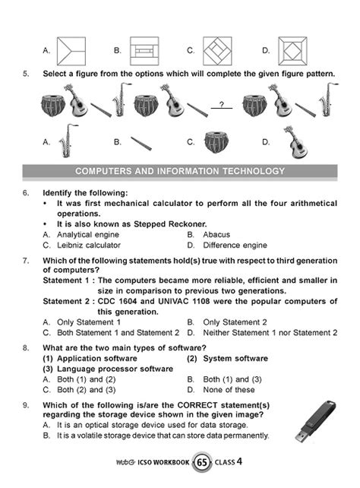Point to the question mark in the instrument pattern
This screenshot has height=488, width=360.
pyautogui.click(x=221, y=104)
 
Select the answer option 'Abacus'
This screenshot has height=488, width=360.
pyautogui.click(x=216, y=235)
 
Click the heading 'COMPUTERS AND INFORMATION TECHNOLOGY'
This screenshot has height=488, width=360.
pyautogui.click(x=180, y=170)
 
